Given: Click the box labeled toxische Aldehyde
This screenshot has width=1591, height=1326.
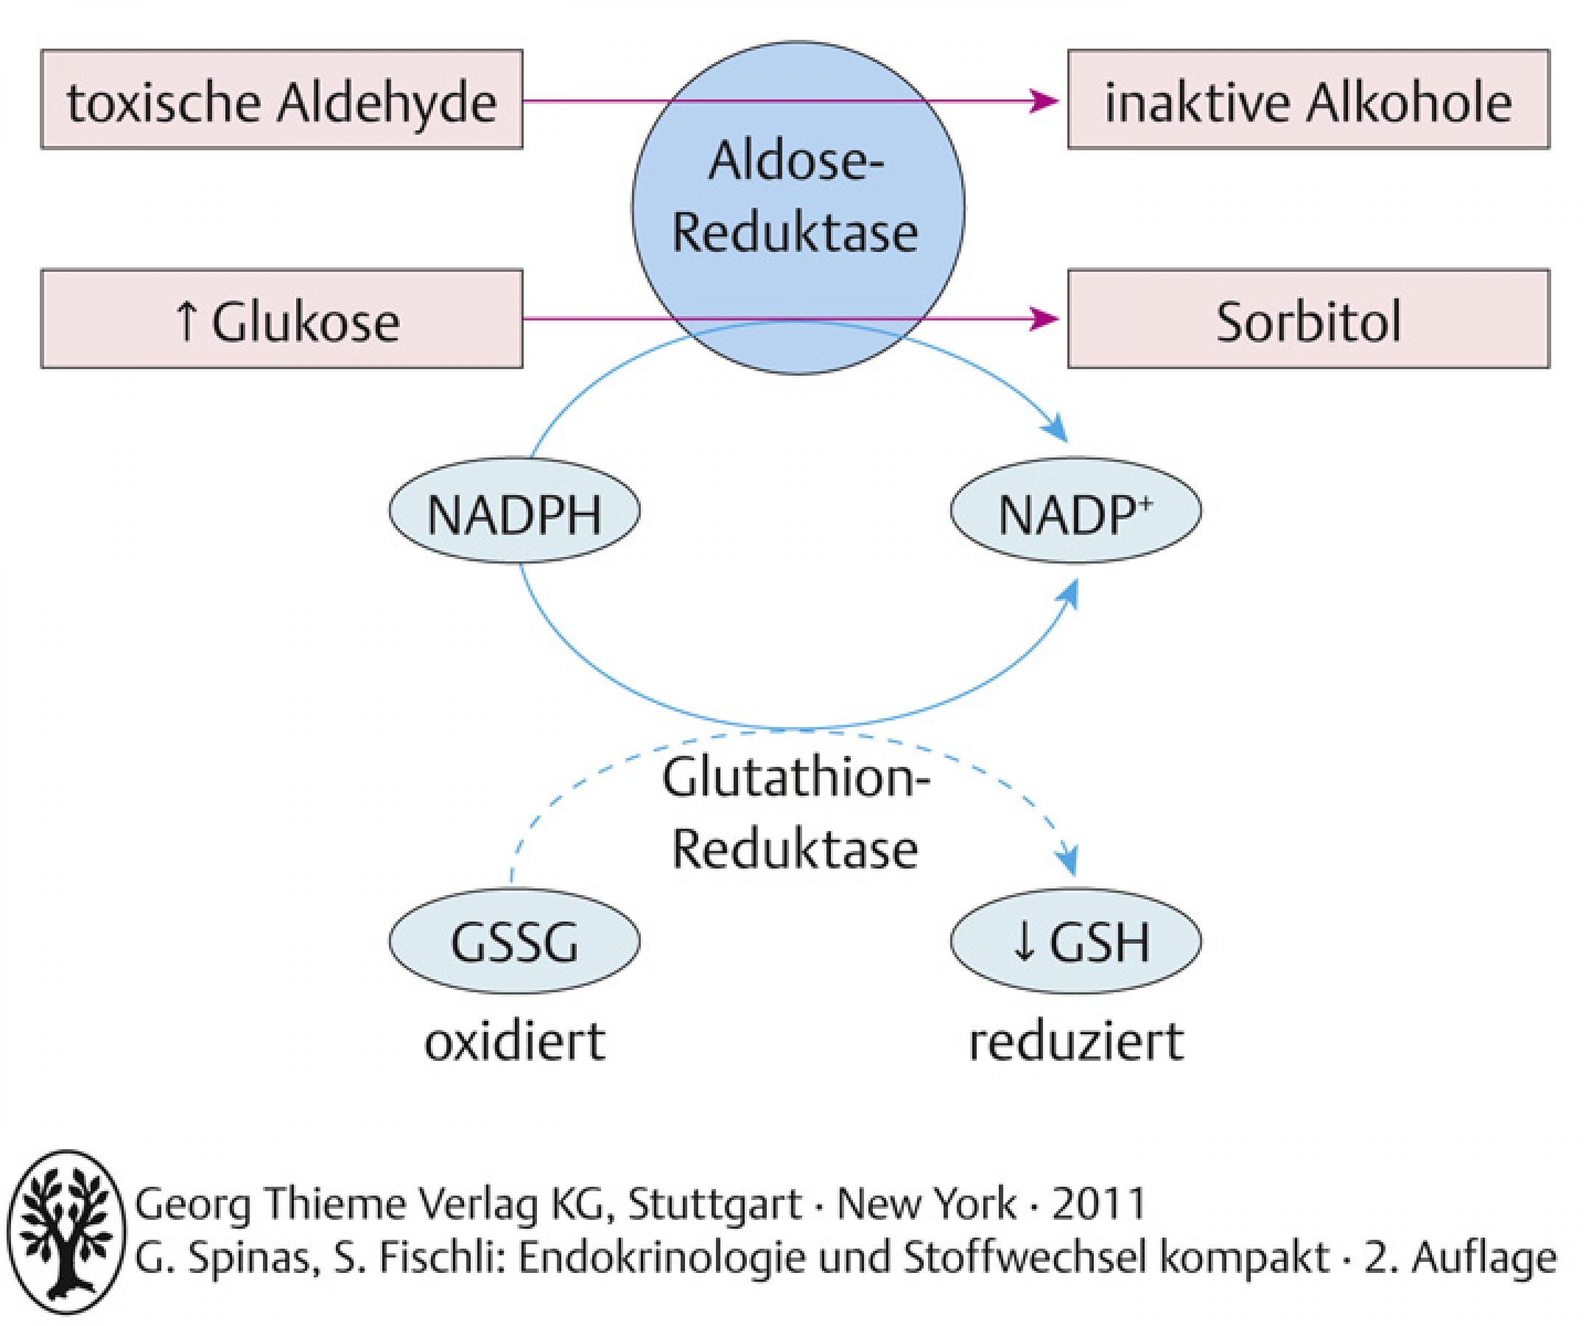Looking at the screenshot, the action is tap(282, 99).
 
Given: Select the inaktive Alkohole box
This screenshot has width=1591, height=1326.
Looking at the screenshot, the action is tap(1308, 99).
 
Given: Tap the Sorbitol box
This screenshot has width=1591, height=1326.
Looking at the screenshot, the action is tap(1308, 319).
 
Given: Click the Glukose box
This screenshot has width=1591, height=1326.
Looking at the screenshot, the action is tap(282, 319).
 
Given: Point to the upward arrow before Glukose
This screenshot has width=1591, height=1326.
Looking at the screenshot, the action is tap(186, 321).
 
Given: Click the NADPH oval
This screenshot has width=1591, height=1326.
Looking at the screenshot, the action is tap(514, 510).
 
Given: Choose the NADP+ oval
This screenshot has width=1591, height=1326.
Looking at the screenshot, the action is tap(1076, 510).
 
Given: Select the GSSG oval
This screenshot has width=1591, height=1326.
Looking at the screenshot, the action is tap(514, 941).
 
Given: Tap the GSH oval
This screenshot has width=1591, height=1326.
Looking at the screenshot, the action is tap(1076, 941).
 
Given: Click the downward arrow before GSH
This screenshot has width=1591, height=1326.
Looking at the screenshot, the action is tap(1024, 942).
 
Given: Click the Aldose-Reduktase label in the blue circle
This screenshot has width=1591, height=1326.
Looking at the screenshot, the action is tap(795, 197).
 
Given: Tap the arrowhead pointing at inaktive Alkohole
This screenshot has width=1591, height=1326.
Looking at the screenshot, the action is tap(1044, 100).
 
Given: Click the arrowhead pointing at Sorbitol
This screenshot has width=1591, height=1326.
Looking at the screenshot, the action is tap(1044, 319).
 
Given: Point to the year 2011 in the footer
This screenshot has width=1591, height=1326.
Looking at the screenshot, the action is tap(1098, 1203).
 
